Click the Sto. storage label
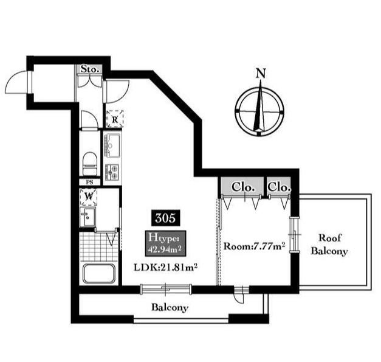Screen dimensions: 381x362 point(90,69)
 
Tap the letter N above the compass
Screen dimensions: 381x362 point(261,73)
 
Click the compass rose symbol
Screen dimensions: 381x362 point(259,112)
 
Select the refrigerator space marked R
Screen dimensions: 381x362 point(115,119)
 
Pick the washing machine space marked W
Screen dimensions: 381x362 point(89,197)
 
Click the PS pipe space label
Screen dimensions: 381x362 point(90,182)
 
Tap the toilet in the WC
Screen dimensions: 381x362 point(90,164)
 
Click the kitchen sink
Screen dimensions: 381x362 point(112,145)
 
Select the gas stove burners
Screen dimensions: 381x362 point(112,172)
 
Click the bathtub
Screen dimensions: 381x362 point(99,274)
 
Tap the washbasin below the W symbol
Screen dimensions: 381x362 point(88,217)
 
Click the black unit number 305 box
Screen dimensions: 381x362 point(165,217)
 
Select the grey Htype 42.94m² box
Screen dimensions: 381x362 point(165,243)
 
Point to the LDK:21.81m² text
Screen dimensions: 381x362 point(165,268)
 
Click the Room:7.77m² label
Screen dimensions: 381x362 point(254,246)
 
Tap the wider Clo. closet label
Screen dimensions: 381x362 point(243,187)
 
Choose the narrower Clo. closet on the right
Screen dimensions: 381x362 point(279,187)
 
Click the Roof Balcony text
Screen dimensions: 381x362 point(329,244)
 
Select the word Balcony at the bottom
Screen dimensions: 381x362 point(170,307)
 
